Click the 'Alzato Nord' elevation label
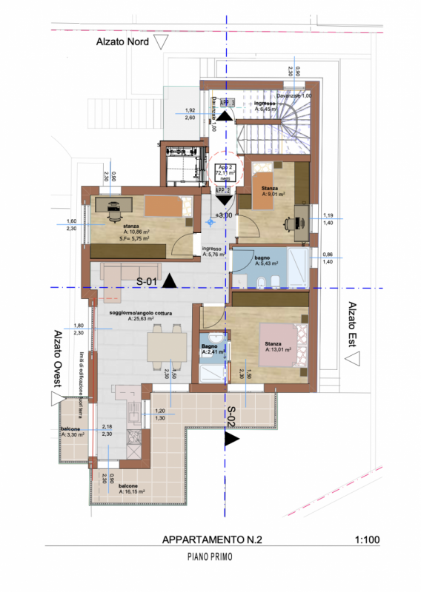click(x=122, y=42)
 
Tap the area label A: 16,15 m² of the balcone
click(x=131, y=490)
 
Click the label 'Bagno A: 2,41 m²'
click(x=210, y=349)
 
